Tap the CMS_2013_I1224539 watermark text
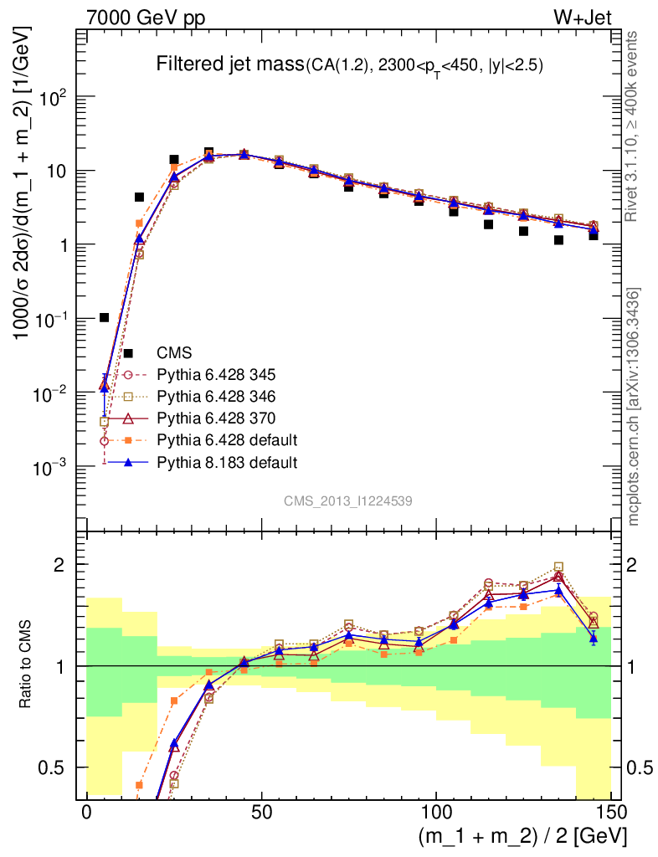click(348, 500)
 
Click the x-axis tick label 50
click(261, 813)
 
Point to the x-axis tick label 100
click(436, 813)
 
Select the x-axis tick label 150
click(611, 813)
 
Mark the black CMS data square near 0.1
click(104, 317)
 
